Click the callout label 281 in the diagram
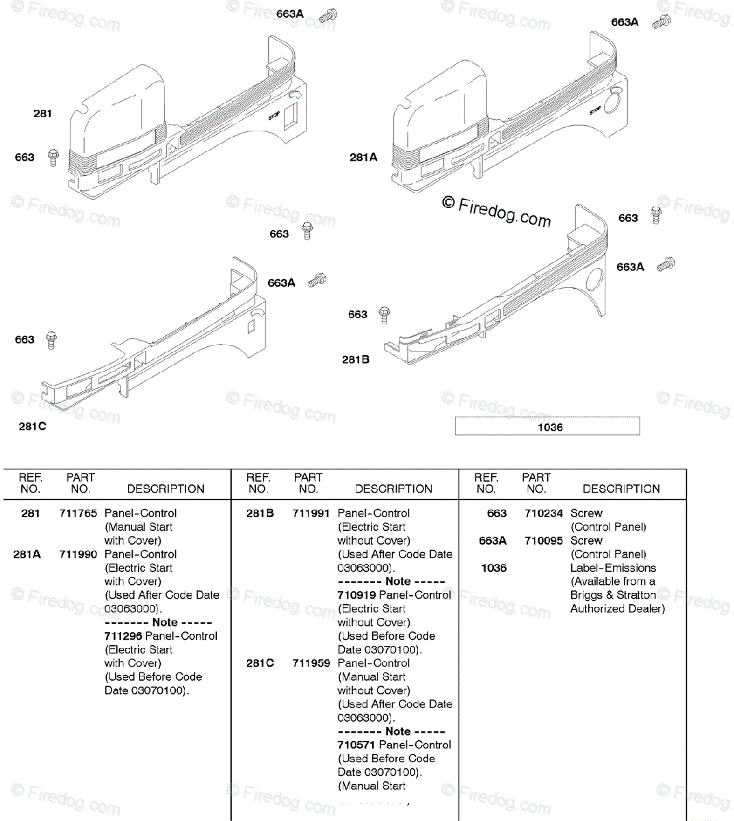(x=42, y=114)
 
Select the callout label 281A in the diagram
(x=363, y=157)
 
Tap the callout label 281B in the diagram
(x=356, y=360)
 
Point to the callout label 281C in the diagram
(x=32, y=427)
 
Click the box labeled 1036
(x=547, y=427)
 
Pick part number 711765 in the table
(x=78, y=513)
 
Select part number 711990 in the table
(x=78, y=554)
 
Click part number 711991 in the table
(x=311, y=513)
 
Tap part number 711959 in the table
(x=311, y=663)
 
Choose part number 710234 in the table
(x=544, y=513)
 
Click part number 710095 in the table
(x=544, y=540)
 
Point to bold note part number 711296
(x=124, y=636)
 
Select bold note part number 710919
(x=356, y=595)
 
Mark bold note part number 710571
(x=356, y=744)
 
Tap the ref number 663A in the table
(x=493, y=540)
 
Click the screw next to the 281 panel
(x=53, y=158)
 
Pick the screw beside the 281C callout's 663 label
(x=51, y=339)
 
